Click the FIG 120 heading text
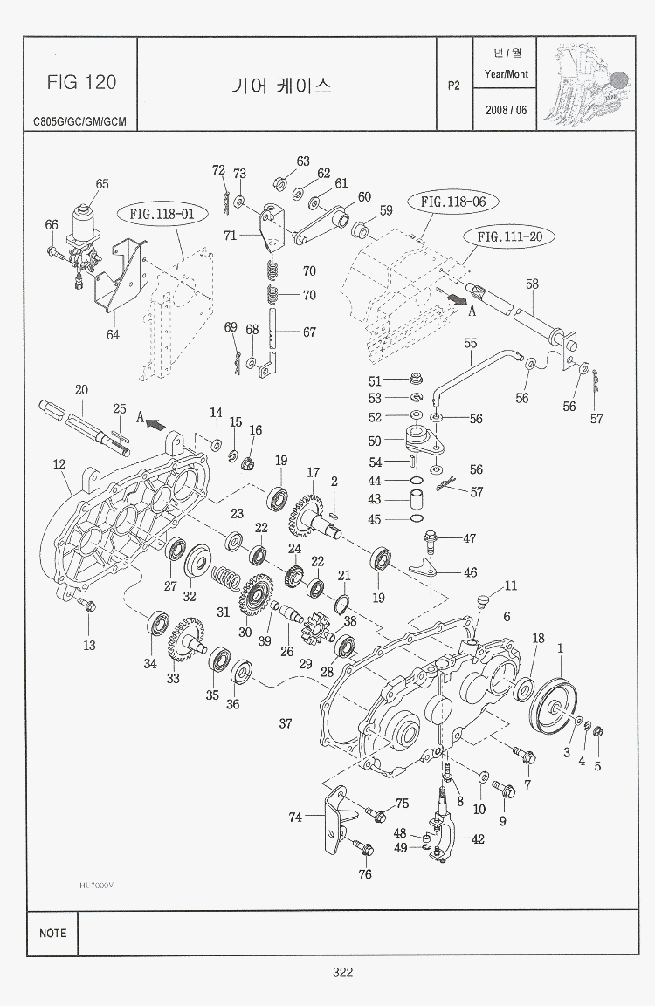(80, 82)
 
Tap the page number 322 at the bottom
(341, 973)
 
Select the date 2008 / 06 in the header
(506, 110)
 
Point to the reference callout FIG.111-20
(515, 236)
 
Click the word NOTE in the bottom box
(52, 933)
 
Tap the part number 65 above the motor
(102, 184)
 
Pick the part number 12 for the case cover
(59, 465)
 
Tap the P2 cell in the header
(453, 86)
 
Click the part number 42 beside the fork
(478, 839)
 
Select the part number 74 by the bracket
(296, 818)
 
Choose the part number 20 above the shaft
(81, 389)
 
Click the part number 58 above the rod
(532, 284)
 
